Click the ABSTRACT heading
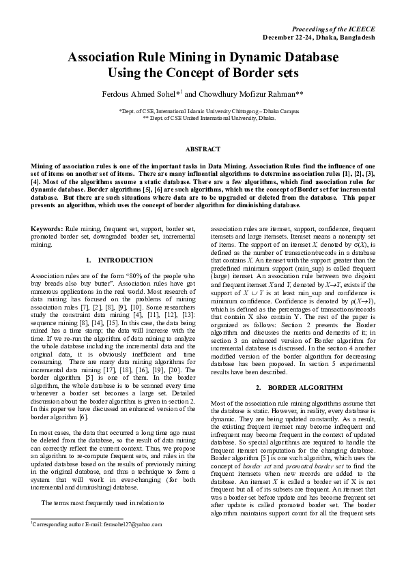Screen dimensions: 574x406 (x=203, y=149)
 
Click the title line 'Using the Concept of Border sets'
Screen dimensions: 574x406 (x=203, y=72)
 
